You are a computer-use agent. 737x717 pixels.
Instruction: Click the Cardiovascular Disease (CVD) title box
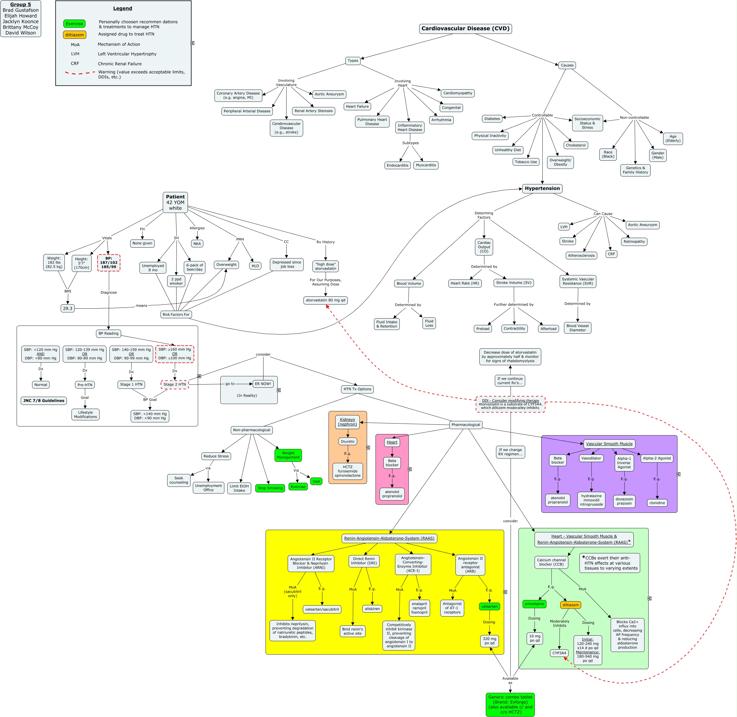point(465,29)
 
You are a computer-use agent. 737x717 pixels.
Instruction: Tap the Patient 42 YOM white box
point(175,202)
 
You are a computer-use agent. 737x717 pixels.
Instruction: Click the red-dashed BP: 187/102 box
point(109,263)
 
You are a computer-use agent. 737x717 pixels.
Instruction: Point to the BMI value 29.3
point(67,308)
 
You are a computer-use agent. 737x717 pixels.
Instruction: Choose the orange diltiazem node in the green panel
point(570,605)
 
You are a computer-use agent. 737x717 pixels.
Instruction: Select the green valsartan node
point(489,606)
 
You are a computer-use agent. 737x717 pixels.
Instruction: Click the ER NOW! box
point(263,384)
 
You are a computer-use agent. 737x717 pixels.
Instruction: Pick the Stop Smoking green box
point(270,488)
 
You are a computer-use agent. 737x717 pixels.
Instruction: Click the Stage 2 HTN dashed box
point(174,384)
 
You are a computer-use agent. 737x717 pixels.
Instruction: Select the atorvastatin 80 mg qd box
point(325,300)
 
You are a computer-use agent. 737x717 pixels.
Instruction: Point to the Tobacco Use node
point(526,162)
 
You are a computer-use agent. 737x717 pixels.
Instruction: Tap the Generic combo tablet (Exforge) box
point(510,704)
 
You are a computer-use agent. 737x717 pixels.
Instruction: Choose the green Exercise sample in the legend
point(74,24)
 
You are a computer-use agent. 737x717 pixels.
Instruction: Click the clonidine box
point(657,503)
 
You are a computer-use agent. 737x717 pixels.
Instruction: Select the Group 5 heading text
point(21,4)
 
